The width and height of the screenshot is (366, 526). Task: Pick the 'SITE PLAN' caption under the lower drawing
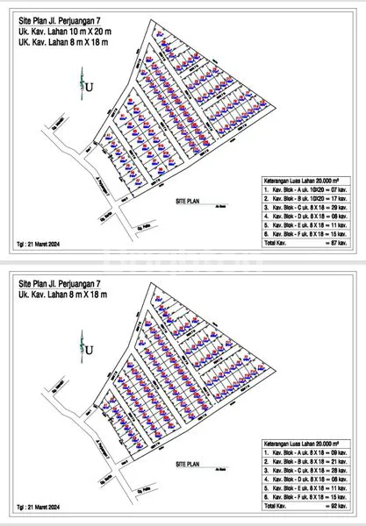click(x=188, y=462)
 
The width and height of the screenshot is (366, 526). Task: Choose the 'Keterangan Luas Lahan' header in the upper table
click(x=303, y=175)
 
